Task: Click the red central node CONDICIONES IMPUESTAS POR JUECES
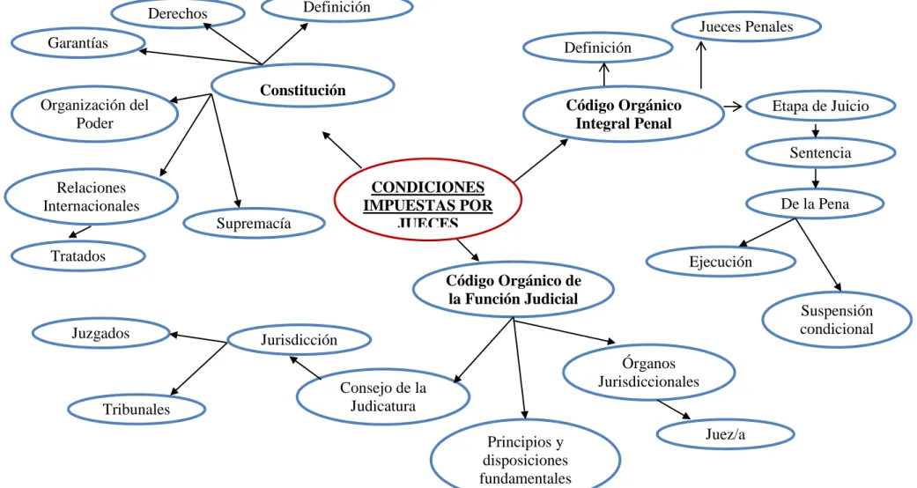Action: click(427, 200)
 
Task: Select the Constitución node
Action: click(302, 85)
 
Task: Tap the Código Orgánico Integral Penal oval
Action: click(624, 115)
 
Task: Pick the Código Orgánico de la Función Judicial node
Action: click(514, 289)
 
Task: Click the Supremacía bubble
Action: click(254, 223)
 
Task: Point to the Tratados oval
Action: click(78, 255)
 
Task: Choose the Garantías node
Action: click(78, 42)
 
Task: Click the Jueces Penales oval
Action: click(746, 26)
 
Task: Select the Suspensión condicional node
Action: click(837, 320)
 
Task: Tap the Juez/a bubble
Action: click(725, 434)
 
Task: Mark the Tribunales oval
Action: click(137, 409)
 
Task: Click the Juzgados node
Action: click(100, 333)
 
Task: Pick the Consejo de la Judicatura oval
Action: click(383, 396)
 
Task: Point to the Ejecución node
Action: click(721, 262)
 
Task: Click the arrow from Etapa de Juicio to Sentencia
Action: click(815, 129)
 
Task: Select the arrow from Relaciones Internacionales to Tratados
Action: click(80, 232)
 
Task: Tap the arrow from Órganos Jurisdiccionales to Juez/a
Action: click(674, 410)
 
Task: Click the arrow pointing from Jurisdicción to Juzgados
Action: click(198, 337)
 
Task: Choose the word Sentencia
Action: click(820, 152)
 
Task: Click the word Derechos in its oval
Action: click(177, 13)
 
